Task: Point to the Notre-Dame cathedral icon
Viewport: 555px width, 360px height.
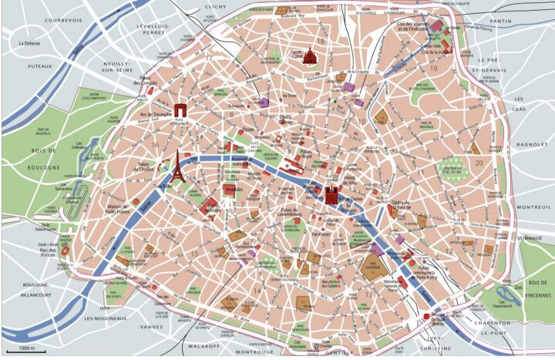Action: click(332, 195)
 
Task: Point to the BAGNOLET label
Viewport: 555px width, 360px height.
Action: click(530, 144)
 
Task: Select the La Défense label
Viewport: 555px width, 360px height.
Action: click(33, 44)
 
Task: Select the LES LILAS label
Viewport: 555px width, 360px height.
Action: click(518, 105)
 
